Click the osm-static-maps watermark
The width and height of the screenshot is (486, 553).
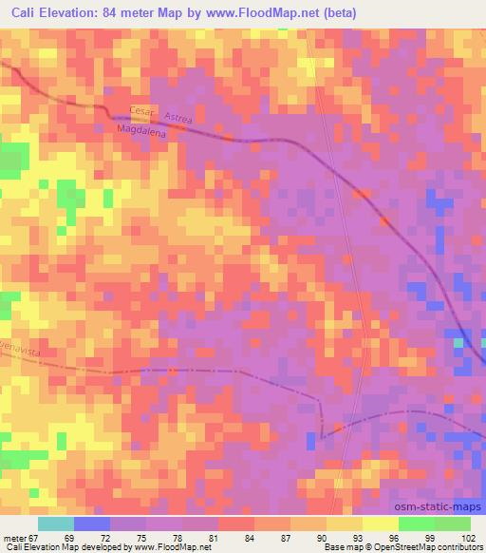tap(436, 489)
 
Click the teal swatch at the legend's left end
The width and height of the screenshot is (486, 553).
tap(55, 524)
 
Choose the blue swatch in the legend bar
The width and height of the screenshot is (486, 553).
tap(91, 524)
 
